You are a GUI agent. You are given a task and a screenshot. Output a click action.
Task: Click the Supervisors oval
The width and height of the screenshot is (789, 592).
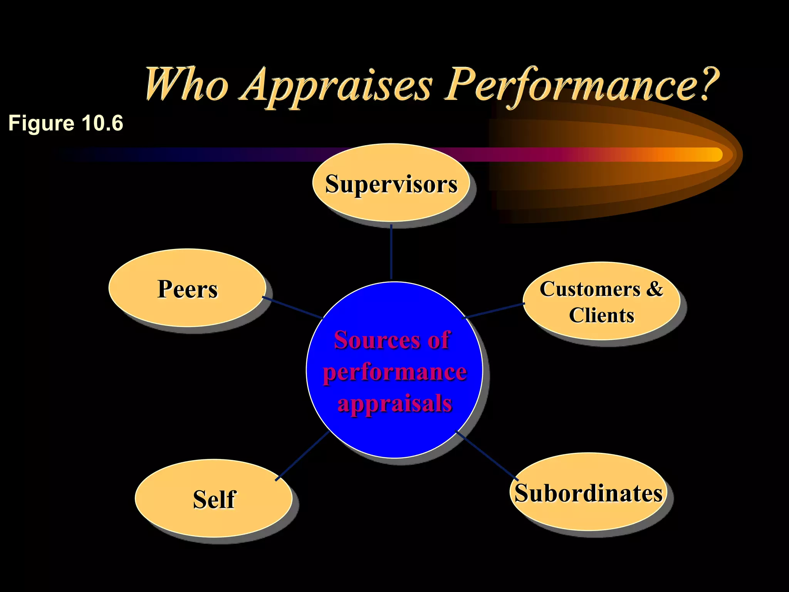(x=391, y=183)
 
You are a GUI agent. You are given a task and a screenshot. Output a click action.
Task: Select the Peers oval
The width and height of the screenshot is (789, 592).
(x=187, y=288)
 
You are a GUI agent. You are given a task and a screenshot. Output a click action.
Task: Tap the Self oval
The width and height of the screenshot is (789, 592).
(x=214, y=499)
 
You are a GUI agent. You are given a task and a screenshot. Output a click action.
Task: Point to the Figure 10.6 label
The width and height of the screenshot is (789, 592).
(x=65, y=123)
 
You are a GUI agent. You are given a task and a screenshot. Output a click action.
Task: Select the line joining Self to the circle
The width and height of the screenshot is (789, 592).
(x=302, y=456)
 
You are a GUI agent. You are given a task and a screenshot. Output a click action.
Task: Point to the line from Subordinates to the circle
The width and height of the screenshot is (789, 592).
(x=487, y=456)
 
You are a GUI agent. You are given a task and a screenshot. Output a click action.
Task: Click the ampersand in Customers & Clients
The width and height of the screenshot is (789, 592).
(x=654, y=289)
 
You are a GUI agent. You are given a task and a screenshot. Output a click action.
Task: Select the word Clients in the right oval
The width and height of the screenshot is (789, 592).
(x=601, y=315)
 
